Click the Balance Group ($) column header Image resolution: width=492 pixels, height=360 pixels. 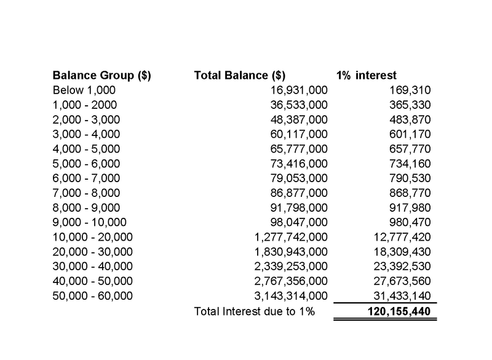coord(102,76)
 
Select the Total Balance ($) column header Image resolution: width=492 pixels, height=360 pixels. coord(239,76)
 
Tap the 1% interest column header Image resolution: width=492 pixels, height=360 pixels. coord(367,76)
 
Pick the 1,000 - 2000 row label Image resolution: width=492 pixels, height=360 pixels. coord(85,105)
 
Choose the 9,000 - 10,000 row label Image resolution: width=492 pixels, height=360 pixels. coord(90,223)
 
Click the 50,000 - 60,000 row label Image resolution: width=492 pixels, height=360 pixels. coord(93,296)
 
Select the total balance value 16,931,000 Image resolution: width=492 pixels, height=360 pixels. coord(299,90)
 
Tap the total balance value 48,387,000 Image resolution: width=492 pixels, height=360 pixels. coord(299,119)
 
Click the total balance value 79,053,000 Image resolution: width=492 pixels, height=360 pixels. coord(299,178)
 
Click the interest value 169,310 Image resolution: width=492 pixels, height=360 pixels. coord(411,90)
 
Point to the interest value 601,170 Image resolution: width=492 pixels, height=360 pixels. coord(411,134)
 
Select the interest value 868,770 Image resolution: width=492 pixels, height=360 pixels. coord(411,193)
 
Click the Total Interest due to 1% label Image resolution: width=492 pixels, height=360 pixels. coord(254,311)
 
